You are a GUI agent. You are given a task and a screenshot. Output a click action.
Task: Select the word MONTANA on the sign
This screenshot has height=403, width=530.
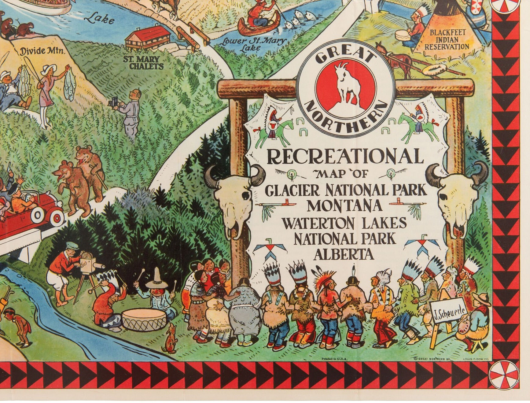[x=344, y=205]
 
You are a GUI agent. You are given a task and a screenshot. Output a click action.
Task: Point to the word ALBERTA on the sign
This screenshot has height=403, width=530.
[x=344, y=254]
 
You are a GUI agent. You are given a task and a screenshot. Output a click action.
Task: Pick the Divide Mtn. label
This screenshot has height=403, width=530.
[x=42, y=51]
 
